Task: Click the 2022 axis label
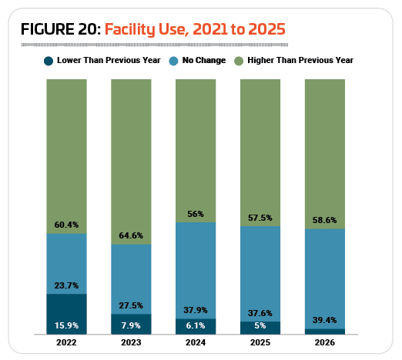(x=66, y=342)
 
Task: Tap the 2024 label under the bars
(x=196, y=342)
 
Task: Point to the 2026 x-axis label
(x=325, y=342)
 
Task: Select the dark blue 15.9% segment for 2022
(x=66, y=314)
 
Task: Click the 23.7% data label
(x=66, y=285)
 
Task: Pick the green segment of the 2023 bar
(x=131, y=162)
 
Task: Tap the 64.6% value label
(x=131, y=235)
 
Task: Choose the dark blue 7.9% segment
(x=131, y=324)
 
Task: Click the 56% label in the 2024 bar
(x=196, y=214)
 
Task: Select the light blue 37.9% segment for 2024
(x=196, y=271)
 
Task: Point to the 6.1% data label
(x=196, y=325)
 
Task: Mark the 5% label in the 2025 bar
(x=260, y=325)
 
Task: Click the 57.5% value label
(x=260, y=218)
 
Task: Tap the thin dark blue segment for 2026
(x=325, y=332)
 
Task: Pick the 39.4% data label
(x=325, y=320)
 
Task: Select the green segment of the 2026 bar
(x=325, y=154)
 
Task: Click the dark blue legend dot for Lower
(x=49, y=61)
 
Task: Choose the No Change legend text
(x=204, y=60)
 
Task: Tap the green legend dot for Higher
(x=239, y=61)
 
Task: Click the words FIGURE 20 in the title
(x=61, y=29)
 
